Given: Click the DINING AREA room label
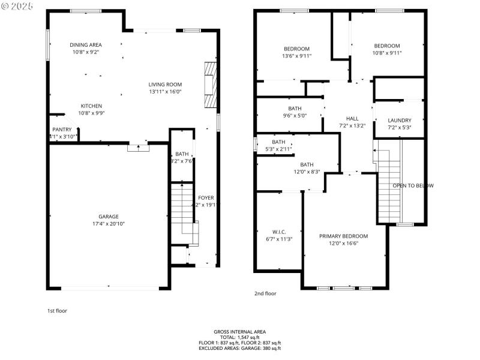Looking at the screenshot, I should click(86, 44).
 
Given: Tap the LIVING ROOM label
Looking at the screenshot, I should click(165, 85).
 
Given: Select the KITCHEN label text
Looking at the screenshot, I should click(91, 106).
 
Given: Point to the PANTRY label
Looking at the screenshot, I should click(62, 130).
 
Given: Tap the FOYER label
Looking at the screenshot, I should click(206, 197).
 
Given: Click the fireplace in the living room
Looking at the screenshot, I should click(208, 85).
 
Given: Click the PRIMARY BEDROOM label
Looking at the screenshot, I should click(343, 236).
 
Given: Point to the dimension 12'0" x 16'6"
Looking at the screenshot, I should click(343, 244).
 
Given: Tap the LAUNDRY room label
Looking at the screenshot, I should click(399, 120).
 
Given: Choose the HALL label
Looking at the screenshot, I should click(352, 118).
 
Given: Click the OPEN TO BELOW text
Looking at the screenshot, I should click(413, 185).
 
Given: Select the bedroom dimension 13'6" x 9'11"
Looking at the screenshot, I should click(296, 56).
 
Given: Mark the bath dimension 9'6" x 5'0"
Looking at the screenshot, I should click(295, 116).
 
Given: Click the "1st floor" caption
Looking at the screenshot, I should click(58, 311).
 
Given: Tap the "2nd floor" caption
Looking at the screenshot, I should click(265, 293).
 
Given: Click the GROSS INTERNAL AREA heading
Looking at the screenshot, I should click(239, 332).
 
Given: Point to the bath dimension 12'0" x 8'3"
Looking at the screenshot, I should click(307, 172).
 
